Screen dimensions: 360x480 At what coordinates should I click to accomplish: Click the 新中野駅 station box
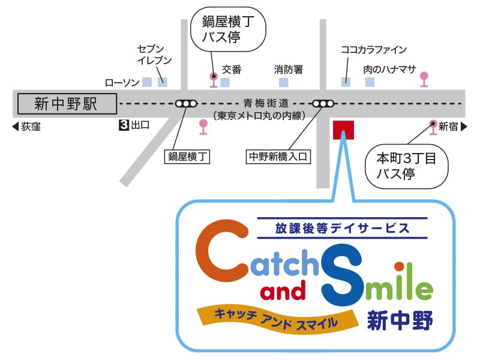(x=66, y=104)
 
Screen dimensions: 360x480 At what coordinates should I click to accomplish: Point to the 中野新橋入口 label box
(x=278, y=157)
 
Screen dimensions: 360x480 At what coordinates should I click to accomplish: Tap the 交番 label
(x=232, y=70)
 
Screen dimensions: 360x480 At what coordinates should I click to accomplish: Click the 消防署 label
(x=289, y=70)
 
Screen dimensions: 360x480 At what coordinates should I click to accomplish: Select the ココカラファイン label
(x=373, y=50)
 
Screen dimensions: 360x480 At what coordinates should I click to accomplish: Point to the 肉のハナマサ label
(x=389, y=70)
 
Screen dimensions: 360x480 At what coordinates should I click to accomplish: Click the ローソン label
(x=122, y=82)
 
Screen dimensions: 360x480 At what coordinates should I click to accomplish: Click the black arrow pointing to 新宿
(x=464, y=127)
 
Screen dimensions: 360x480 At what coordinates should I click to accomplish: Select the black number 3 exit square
(x=124, y=126)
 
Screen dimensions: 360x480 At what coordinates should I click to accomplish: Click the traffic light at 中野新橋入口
(x=323, y=103)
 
